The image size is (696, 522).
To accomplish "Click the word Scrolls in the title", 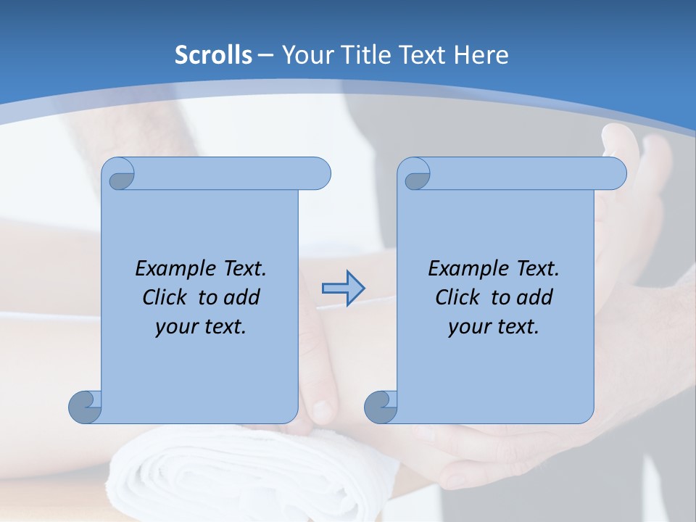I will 213,55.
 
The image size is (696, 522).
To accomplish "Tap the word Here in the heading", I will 481,55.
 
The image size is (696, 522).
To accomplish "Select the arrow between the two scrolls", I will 343,289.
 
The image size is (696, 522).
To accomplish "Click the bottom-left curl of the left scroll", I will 85,407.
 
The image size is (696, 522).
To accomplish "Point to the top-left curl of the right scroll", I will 416,174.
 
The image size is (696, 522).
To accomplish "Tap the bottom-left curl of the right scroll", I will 381,407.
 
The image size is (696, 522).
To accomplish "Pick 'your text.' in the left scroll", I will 200,327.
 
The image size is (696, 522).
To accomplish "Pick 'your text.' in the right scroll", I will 493,327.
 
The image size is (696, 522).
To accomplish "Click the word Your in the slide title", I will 306,55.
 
